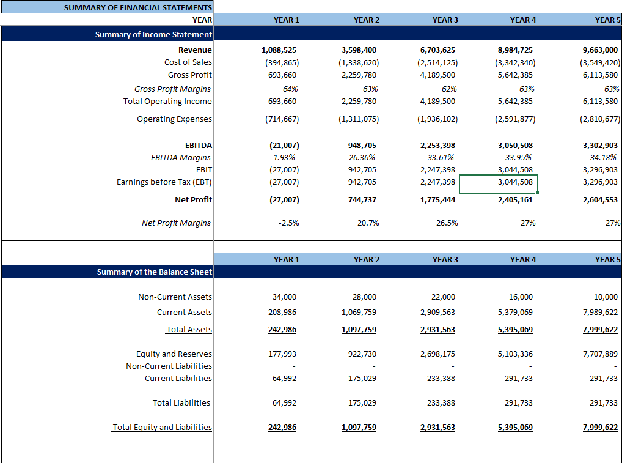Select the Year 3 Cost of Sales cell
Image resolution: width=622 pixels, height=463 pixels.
coord(437,62)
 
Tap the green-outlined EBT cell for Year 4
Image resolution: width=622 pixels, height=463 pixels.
coord(498,183)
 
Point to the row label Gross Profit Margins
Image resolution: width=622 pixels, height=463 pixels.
coord(173,89)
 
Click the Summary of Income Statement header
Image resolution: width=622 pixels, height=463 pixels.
coord(153,35)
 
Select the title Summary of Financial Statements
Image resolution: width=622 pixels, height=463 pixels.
coord(138,7)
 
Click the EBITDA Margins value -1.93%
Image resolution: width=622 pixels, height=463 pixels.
coord(283,158)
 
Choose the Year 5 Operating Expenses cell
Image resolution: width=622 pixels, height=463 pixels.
coord(599,119)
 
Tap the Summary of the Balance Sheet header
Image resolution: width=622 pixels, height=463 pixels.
coord(155,272)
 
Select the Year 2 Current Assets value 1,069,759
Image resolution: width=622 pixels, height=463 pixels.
coord(359,312)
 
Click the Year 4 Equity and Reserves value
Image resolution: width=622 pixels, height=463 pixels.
coord(515,354)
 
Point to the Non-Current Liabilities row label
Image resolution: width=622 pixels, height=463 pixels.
coord(169,366)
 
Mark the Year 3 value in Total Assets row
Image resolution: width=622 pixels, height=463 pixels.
coord(437,330)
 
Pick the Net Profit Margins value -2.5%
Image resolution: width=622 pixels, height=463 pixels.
coord(288,223)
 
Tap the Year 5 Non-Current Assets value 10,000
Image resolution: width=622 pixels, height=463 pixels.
coord(606,297)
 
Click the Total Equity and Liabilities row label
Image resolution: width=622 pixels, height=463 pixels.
coord(162,427)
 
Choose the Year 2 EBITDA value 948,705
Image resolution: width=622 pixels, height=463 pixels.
coord(359,146)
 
